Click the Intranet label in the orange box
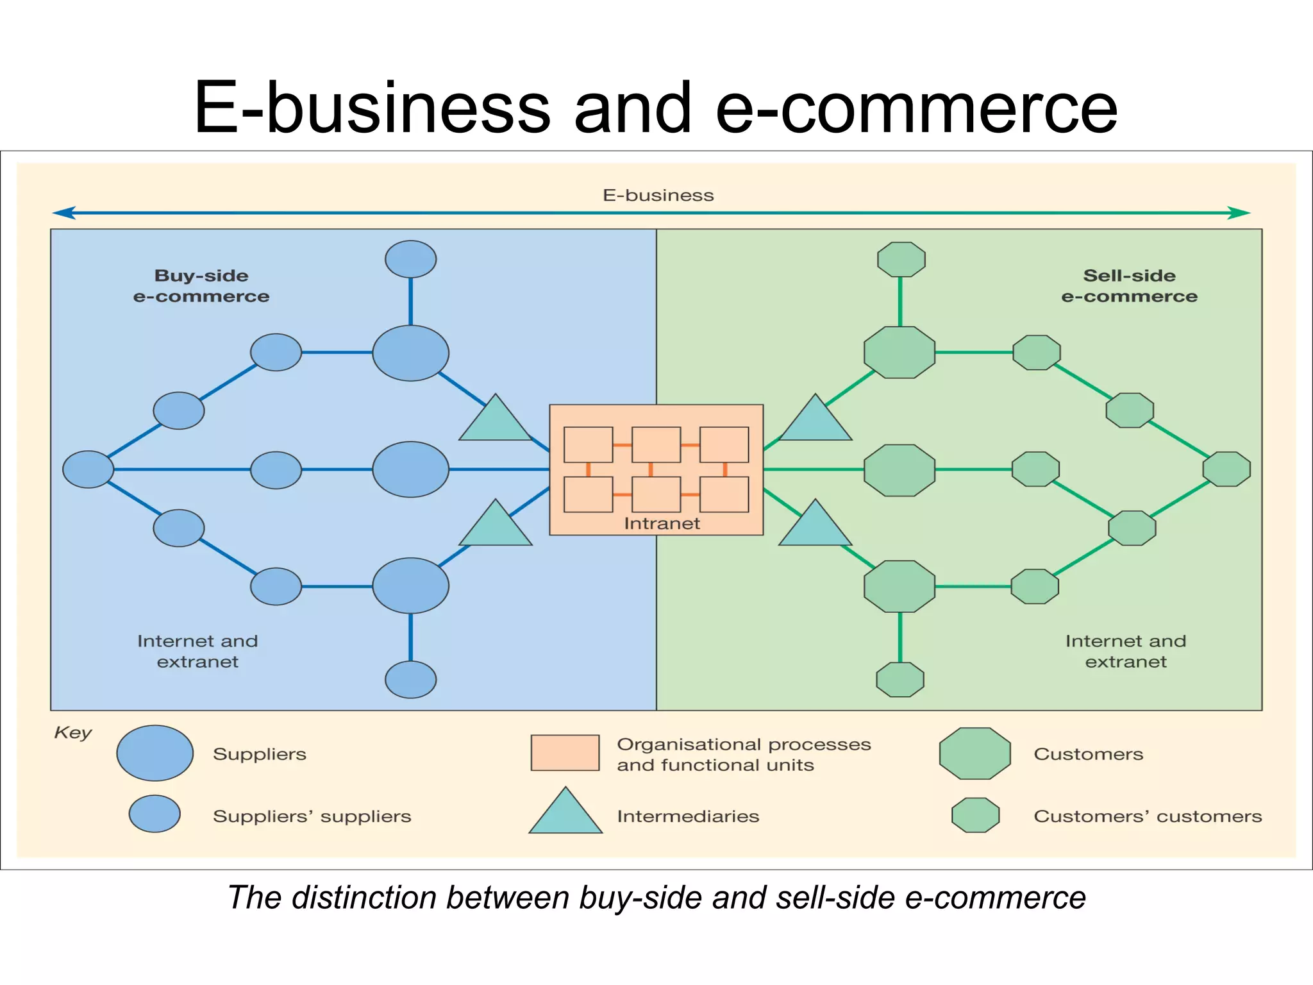[x=662, y=523]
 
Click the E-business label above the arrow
[x=658, y=195]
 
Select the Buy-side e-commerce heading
[x=201, y=286]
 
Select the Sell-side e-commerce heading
[x=1129, y=286]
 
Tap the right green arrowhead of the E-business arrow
[x=1239, y=213]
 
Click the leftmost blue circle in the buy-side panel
[x=88, y=469]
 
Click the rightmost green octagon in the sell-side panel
[x=1226, y=469]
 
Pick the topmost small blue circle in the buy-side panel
[x=410, y=259]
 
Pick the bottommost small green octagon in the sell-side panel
[x=900, y=680]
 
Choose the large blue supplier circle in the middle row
[x=410, y=469]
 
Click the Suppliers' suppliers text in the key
[x=312, y=816]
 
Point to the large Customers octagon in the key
[x=974, y=753]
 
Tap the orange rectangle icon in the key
[x=565, y=753]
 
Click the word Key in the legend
[x=72, y=732]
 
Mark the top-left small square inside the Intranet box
[x=588, y=444]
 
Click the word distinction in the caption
[x=365, y=897]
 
